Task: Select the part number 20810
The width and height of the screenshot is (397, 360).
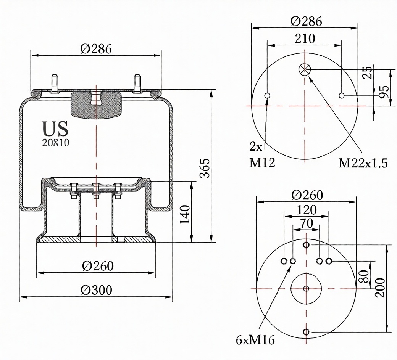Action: pyautogui.click(x=56, y=143)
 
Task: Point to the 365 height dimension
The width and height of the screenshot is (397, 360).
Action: pyautogui.click(x=205, y=167)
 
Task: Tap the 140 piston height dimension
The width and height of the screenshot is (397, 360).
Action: pyautogui.click(x=184, y=215)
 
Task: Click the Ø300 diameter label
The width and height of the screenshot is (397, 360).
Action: pyautogui.click(x=96, y=290)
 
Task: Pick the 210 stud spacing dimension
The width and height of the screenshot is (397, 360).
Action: pyautogui.click(x=305, y=39)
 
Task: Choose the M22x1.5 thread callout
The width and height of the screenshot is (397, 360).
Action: pyautogui.click(x=363, y=163)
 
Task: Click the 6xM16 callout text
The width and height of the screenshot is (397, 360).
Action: pyautogui.click(x=255, y=340)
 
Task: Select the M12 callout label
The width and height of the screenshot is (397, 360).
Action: pyautogui.click(x=262, y=163)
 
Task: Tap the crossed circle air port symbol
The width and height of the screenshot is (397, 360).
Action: pyautogui.click(x=305, y=69)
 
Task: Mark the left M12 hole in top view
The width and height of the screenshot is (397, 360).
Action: pyautogui.click(x=267, y=95)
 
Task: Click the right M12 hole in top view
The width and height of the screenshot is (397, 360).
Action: pyautogui.click(x=342, y=95)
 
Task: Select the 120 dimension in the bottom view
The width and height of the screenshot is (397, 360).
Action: pyautogui.click(x=306, y=210)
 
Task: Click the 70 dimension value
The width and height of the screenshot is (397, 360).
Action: pyautogui.click(x=306, y=223)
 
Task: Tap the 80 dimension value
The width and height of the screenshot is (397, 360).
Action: pyautogui.click(x=363, y=275)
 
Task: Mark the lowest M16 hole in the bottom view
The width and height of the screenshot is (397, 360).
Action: pyautogui.click(x=306, y=332)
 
